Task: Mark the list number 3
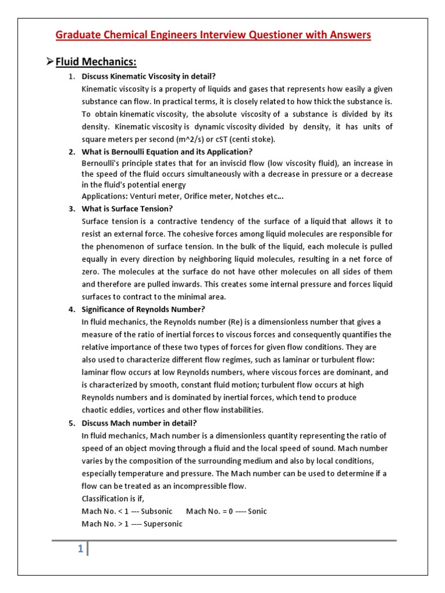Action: click(x=71, y=208)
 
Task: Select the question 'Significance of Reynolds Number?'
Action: click(x=144, y=309)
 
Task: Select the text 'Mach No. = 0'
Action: click(x=207, y=511)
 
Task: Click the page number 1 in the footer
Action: click(x=81, y=550)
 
